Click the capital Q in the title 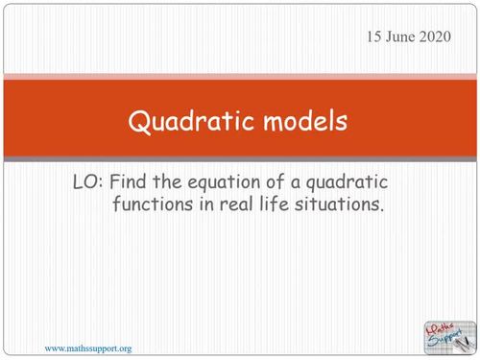139,123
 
